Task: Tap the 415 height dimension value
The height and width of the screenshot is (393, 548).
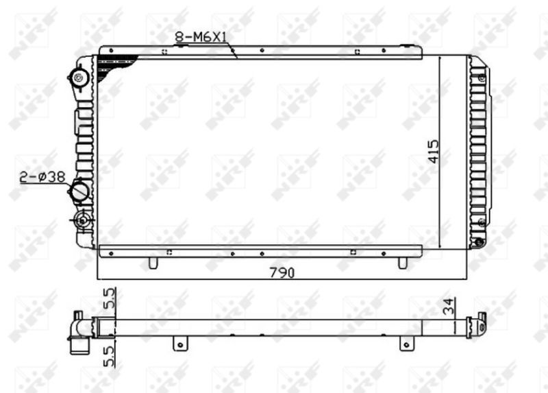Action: point(432,151)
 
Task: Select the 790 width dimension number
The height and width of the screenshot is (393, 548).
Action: point(281,272)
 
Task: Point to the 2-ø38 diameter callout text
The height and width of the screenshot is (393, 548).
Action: point(42,178)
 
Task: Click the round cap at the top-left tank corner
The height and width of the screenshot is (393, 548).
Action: point(80,76)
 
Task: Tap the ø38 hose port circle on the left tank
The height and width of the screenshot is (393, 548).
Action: point(81,191)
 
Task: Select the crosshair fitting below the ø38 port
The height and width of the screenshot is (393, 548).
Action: point(83,220)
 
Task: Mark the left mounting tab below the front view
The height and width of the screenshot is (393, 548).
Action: point(153,262)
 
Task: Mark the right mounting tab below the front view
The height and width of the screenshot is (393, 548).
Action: point(403,262)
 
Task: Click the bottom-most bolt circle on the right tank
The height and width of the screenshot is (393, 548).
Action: point(479,241)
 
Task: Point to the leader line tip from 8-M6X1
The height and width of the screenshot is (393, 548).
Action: point(236,58)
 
